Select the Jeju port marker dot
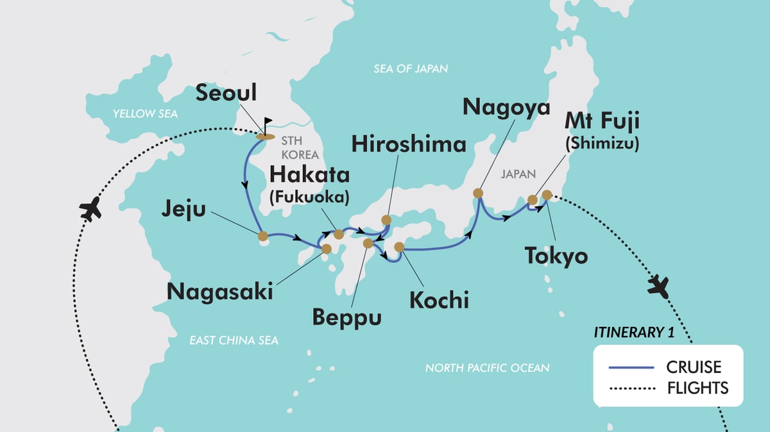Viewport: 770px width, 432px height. (x=262, y=236)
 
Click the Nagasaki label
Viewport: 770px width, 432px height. (x=220, y=291)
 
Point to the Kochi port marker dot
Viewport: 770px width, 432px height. (x=399, y=247)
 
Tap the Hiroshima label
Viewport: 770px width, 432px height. (x=408, y=144)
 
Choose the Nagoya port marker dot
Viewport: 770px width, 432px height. (x=478, y=193)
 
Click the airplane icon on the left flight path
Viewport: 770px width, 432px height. (x=92, y=209)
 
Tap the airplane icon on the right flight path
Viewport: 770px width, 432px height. (x=658, y=285)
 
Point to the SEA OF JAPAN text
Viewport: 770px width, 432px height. (x=411, y=69)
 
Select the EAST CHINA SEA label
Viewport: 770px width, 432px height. (x=234, y=340)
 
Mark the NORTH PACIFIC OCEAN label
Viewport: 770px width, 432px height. (x=487, y=368)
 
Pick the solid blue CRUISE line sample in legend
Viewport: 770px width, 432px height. (x=631, y=367)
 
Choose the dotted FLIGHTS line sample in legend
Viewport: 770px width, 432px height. (x=631, y=388)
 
